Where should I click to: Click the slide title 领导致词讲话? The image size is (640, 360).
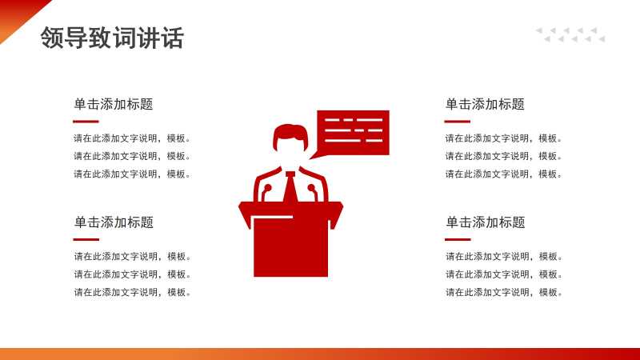pos(112,38)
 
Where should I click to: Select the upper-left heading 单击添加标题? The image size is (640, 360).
pos(114,104)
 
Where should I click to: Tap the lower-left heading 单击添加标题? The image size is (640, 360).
pos(114,222)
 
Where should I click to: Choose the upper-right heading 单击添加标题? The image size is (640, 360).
pos(485,104)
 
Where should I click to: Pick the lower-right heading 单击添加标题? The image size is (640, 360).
pos(486,222)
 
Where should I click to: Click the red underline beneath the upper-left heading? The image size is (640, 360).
pos(86,122)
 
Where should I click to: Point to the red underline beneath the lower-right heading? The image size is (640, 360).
pos(458,239)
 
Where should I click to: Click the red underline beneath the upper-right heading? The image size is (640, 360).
pos(457,122)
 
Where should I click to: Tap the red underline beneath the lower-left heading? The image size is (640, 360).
pos(86,239)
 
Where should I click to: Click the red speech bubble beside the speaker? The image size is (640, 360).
pos(353,133)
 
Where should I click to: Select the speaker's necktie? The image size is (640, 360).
pos(290,187)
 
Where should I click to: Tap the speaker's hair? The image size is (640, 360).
pos(290,134)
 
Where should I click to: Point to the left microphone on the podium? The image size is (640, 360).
pos(266,193)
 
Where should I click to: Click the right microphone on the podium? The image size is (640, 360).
pos(313,193)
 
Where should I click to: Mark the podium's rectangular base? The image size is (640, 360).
pos(290,247)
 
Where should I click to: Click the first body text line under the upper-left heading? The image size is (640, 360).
pos(132,138)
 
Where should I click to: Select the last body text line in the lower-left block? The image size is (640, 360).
pos(132,292)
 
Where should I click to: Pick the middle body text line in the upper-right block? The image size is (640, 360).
pos(503,156)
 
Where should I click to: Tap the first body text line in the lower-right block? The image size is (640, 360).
pos(504,256)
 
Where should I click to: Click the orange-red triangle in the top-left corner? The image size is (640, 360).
pos(17,14)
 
